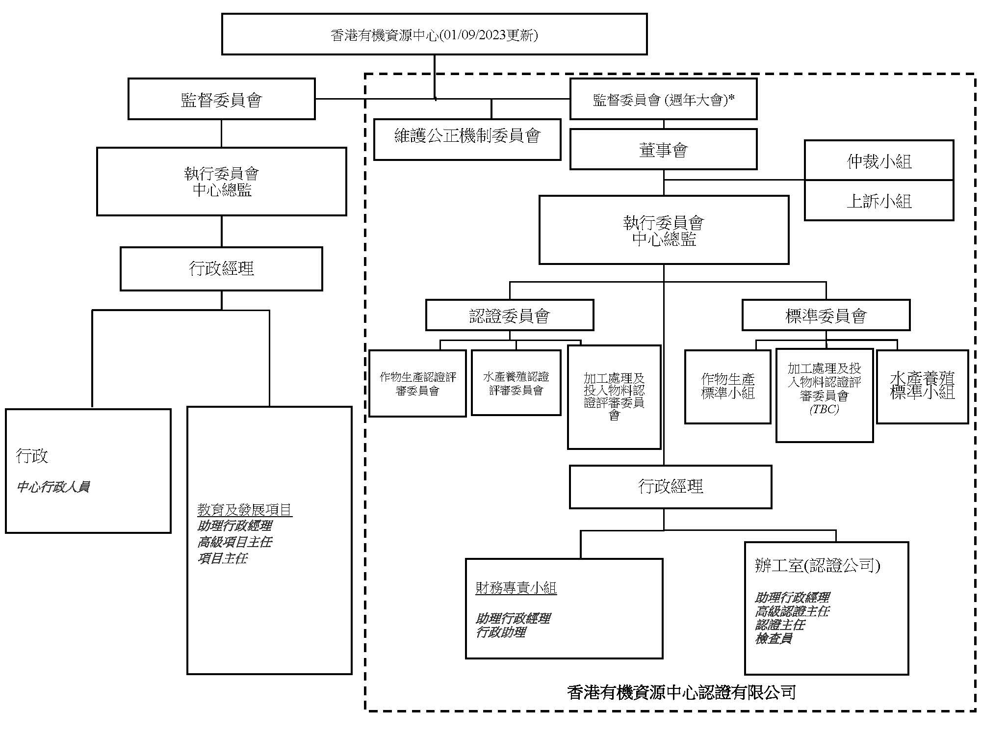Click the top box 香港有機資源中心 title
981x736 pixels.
pos(434,35)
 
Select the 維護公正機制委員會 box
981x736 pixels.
pos(467,136)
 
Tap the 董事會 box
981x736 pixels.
pos(663,150)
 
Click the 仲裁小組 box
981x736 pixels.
pos(878,161)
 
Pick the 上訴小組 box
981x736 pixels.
pos(878,201)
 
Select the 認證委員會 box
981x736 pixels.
pos(509,315)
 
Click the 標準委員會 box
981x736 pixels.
pos(826,315)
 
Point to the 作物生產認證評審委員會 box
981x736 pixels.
pos(417,383)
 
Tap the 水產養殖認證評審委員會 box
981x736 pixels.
pos(516,383)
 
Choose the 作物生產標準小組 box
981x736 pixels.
pos(727,386)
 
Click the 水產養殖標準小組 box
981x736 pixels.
pos(922,386)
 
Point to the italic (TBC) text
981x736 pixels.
pos(824,409)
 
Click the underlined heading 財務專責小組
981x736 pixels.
pos(516,587)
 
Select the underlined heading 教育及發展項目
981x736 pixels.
pos(245,510)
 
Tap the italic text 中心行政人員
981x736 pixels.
pos(53,487)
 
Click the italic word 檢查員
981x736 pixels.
pos(774,638)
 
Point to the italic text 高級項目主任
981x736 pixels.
pos(234,542)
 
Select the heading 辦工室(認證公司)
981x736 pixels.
pos(817,566)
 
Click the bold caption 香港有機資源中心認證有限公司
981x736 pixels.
pos(681,692)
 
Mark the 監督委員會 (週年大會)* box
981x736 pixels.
pos(663,100)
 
